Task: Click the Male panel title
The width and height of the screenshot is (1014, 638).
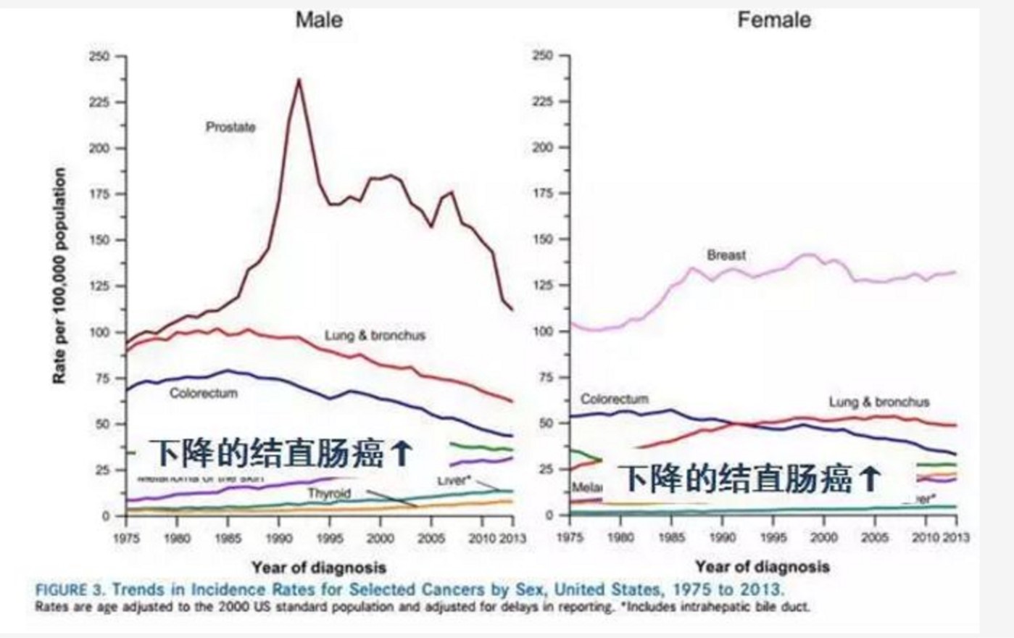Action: [x=319, y=20]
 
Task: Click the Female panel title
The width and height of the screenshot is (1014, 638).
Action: [x=773, y=20]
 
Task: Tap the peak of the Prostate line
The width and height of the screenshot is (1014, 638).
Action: [x=299, y=80]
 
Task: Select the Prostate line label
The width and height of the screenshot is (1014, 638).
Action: [x=230, y=128]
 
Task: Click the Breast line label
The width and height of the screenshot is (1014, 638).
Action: [x=726, y=255]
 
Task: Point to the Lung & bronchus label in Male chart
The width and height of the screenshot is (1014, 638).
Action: [x=375, y=336]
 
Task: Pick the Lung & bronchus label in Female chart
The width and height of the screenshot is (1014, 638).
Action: [x=878, y=402]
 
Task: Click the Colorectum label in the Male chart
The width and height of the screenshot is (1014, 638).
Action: [x=203, y=393]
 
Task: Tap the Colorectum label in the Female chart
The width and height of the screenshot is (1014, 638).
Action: [x=614, y=399]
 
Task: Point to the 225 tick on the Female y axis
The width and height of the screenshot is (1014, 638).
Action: [x=542, y=102]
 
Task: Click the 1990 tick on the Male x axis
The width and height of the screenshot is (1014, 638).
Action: [x=279, y=539]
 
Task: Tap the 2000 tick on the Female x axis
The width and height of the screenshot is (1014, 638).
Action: [x=823, y=538]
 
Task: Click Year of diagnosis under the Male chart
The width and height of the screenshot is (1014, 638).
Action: [x=319, y=567]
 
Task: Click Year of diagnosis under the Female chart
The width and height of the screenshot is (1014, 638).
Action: [x=762, y=566]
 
